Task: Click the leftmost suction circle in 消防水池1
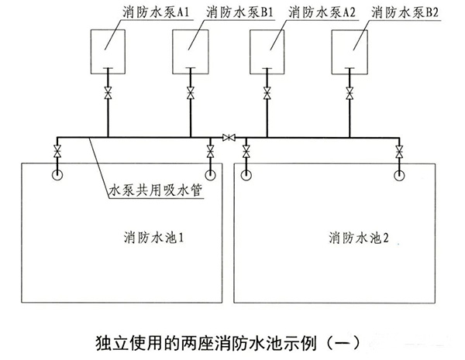[58, 173]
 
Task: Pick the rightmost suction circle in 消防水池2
[399, 174]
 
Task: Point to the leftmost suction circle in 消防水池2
[246, 174]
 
